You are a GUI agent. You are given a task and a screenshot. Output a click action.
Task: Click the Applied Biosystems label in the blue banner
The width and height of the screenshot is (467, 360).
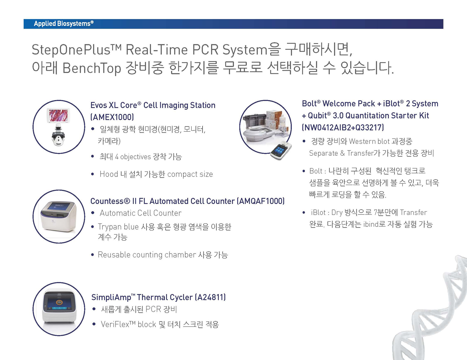pyautogui.click(x=64, y=24)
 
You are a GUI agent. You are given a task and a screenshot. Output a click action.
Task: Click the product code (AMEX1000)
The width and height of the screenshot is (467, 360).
pyautogui.click(x=112, y=117)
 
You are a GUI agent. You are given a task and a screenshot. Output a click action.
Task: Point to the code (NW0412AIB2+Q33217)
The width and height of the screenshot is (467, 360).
pyautogui.click(x=343, y=127)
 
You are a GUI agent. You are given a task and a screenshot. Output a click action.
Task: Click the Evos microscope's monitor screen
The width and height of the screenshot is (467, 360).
pyautogui.click(x=58, y=115)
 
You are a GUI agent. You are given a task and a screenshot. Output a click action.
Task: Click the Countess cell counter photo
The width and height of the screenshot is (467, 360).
pyautogui.click(x=58, y=217)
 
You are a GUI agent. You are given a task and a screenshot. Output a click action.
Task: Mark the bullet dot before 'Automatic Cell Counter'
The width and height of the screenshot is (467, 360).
pyautogui.click(x=93, y=213)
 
